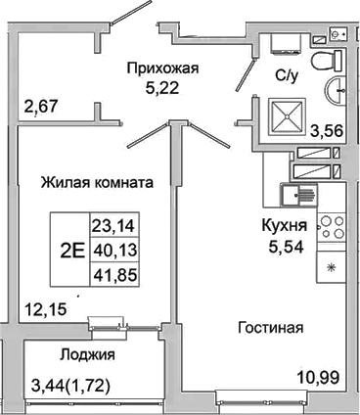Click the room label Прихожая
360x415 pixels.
162,69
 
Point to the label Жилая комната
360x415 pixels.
95,182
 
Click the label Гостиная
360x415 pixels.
268,327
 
